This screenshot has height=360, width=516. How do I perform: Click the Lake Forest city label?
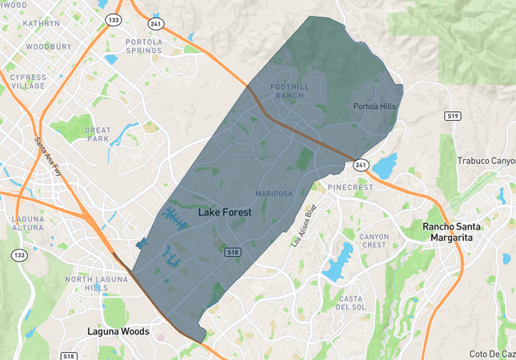click(x=224, y=213)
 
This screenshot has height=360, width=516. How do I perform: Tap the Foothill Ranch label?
click(x=288, y=91)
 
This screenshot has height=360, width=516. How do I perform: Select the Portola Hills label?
click(x=375, y=106)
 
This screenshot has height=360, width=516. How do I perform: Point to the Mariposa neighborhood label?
click(x=274, y=194)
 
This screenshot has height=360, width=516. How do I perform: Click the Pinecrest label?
click(x=350, y=187)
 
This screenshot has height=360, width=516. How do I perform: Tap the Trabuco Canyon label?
click(x=486, y=161)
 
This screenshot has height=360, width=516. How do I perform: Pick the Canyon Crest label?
click(x=374, y=241)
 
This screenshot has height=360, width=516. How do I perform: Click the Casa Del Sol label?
click(x=351, y=302)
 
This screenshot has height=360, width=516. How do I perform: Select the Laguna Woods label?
click(x=118, y=330)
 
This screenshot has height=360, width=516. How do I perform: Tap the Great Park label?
click(x=98, y=134)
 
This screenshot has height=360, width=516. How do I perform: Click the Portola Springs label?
click(x=144, y=46)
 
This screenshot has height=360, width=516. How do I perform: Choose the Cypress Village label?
click(x=28, y=82)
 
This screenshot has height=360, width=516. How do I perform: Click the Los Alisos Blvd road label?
click(x=304, y=224)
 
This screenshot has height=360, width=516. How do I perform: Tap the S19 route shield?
click(x=453, y=116)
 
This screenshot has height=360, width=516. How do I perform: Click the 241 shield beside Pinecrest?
click(x=361, y=165)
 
